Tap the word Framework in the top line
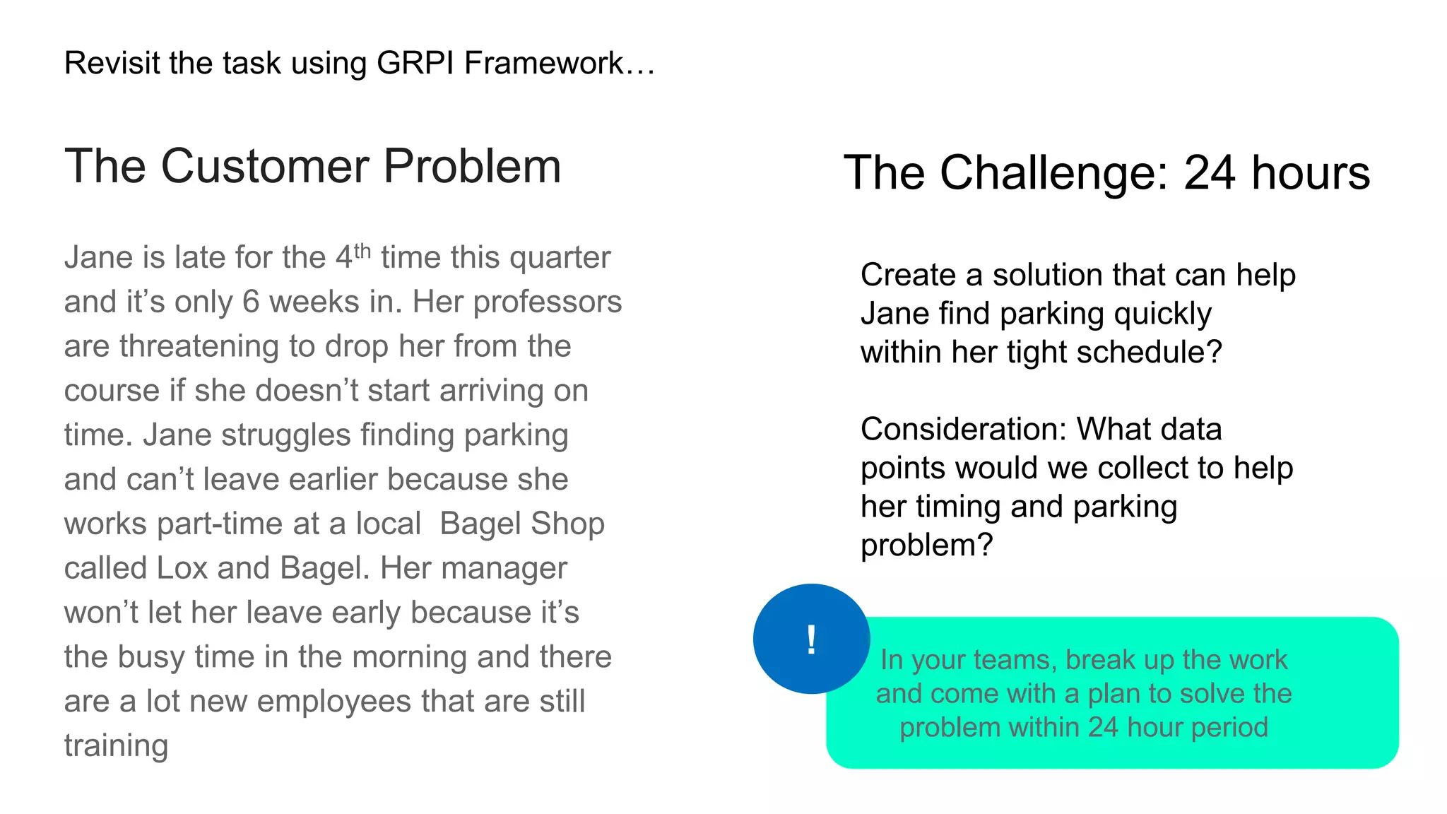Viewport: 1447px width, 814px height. point(543,63)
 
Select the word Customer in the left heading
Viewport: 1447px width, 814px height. point(265,167)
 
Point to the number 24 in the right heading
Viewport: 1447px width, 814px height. point(1209,172)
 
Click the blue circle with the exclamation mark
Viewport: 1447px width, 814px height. point(811,639)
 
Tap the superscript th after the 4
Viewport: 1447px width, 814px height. point(362,250)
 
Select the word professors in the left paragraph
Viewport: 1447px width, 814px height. point(548,302)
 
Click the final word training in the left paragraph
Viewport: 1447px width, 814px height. point(116,746)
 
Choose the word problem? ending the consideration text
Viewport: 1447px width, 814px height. point(926,545)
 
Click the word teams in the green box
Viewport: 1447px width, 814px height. point(1019,660)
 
